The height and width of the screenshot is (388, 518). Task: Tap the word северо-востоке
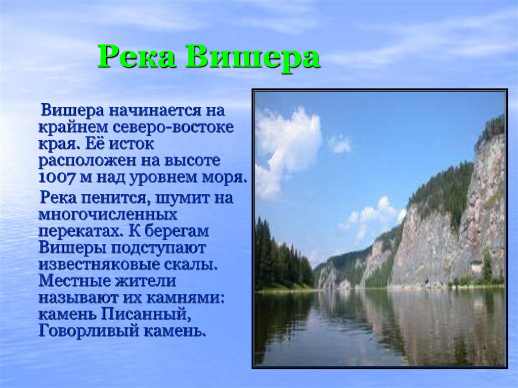(x=174, y=127)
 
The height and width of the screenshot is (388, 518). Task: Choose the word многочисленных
(x=108, y=215)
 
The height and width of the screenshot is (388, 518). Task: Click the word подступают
(x=158, y=248)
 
